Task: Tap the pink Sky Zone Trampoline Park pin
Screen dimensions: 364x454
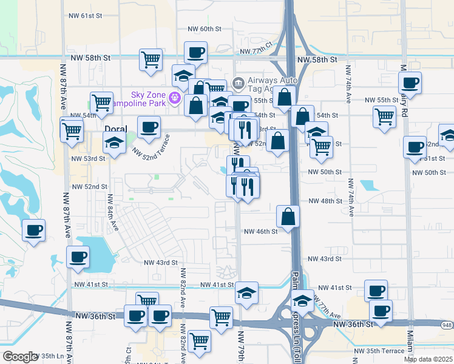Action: (175, 96)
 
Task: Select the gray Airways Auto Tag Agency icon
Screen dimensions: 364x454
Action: (238, 83)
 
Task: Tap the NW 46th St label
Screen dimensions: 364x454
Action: (260, 231)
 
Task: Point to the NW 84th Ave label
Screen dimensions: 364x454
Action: (112, 213)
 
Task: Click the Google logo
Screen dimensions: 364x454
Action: (19, 356)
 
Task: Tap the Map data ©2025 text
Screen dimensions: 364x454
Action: (428, 359)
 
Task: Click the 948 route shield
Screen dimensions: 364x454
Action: (446, 325)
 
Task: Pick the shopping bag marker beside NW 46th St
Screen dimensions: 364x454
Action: (288, 216)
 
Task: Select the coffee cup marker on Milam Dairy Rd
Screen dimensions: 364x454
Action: (410, 83)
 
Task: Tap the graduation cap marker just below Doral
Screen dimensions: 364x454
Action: (113, 144)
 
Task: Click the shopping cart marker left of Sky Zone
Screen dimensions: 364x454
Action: (101, 102)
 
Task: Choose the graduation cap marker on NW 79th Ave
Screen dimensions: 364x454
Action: (246, 292)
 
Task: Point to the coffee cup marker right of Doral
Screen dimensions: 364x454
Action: (149, 127)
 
